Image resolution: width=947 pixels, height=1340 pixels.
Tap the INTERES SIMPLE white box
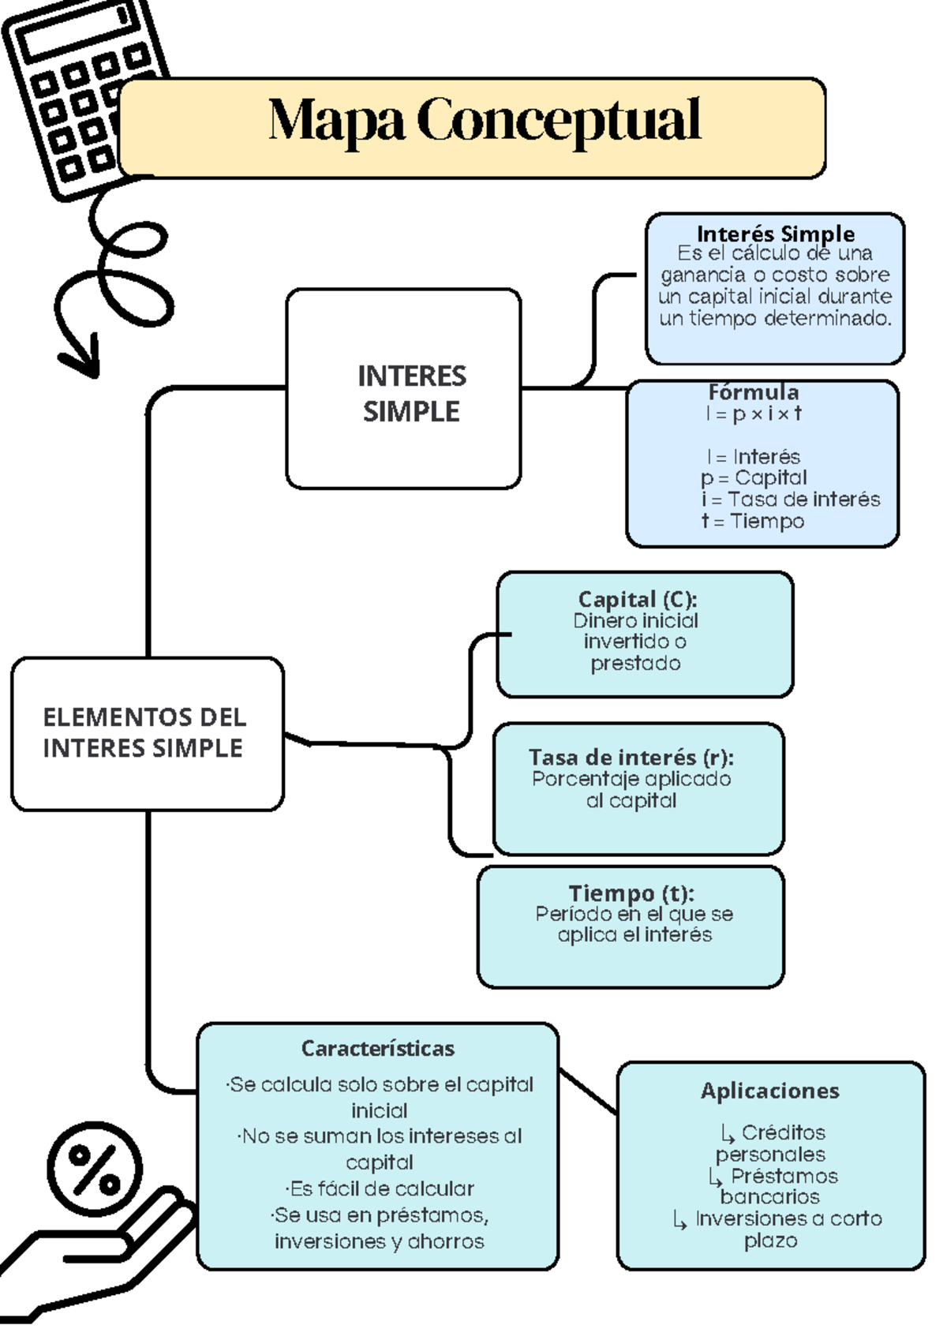pyautogui.click(x=410, y=392)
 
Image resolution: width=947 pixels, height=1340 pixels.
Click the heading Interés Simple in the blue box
pyautogui.click(x=775, y=234)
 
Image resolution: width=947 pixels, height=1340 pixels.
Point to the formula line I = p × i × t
pyautogui.click(x=754, y=414)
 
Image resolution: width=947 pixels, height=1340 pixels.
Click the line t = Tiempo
pyautogui.click(x=753, y=521)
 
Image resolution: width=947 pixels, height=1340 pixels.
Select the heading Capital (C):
pyautogui.click(x=637, y=599)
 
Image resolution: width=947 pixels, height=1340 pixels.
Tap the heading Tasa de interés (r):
pyautogui.click(x=631, y=757)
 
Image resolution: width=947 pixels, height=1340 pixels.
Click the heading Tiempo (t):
pyautogui.click(x=631, y=893)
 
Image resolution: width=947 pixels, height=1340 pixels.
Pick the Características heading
pyautogui.click(x=377, y=1048)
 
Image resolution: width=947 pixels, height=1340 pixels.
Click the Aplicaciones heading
pyautogui.click(x=769, y=1091)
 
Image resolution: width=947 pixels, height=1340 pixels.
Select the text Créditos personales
pyautogui.click(x=772, y=1143)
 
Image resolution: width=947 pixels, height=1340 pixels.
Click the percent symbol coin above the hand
pyautogui.click(x=95, y=1170)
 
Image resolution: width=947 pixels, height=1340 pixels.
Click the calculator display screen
pyautogui.click(x=75, y=30)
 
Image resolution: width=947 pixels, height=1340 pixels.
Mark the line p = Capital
pyautogui.click(x=754, y=477)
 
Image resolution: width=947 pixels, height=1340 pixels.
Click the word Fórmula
pyautogui.click(x=753, y=391)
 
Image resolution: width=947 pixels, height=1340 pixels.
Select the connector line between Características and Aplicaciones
pyautogui.click(x=588, y=1091)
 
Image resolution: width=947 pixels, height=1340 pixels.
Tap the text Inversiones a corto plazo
pyautogui.click(x=777, y=1229)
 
